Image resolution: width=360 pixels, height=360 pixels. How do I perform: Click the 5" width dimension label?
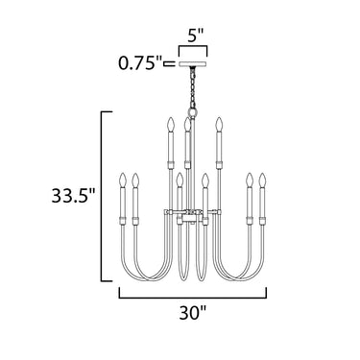coord(196,36)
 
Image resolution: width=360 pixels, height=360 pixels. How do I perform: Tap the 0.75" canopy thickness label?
coord(140,63)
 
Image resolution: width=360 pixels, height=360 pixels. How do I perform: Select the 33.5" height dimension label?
coord(73,195)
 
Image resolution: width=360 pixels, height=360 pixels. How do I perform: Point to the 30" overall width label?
coord(193,313)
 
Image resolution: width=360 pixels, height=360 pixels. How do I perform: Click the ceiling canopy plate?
coord(193,64)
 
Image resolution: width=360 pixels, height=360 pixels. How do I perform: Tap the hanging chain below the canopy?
coord(193,87)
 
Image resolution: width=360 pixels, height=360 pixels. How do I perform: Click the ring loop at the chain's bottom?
coord(193,112)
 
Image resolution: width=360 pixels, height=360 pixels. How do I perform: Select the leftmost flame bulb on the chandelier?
coord(122,180)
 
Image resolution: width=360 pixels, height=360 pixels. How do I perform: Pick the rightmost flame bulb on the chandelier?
coord(263,180)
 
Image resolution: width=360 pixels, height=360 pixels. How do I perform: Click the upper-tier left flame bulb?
coord(171,125)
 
